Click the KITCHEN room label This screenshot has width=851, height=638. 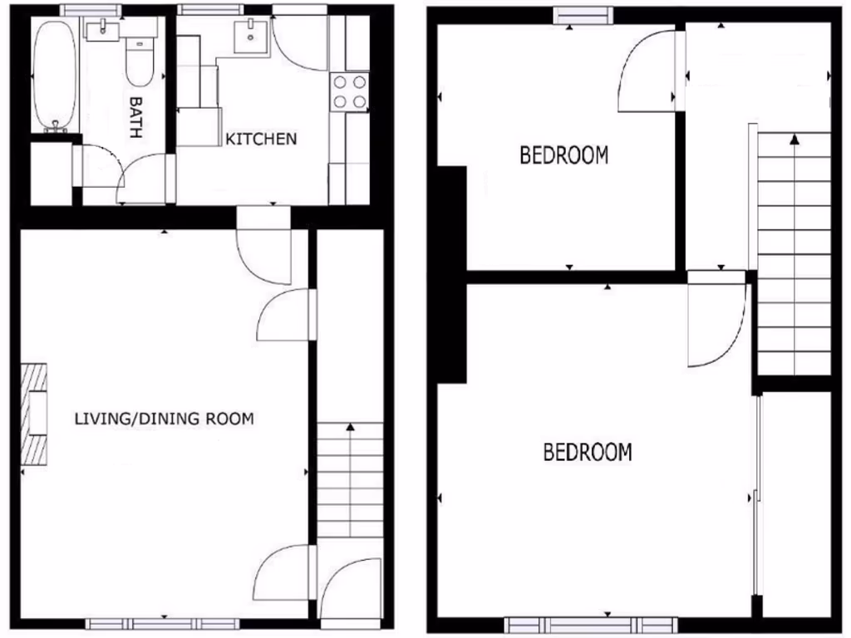point(261,139)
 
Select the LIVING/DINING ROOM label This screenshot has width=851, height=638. point(164,419)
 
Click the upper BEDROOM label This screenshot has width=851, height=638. point(563,155)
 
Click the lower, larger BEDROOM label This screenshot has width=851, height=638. point(587,453)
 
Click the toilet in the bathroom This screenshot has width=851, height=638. point(139,63)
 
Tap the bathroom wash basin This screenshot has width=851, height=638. point(103,31)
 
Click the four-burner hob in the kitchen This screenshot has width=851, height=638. point(349,91)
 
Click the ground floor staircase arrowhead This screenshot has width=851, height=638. point(350,427)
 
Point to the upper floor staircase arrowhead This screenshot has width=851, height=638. point(795,139)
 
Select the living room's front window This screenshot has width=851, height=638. point(163,624)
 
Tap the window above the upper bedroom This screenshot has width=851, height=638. point(584,14)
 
